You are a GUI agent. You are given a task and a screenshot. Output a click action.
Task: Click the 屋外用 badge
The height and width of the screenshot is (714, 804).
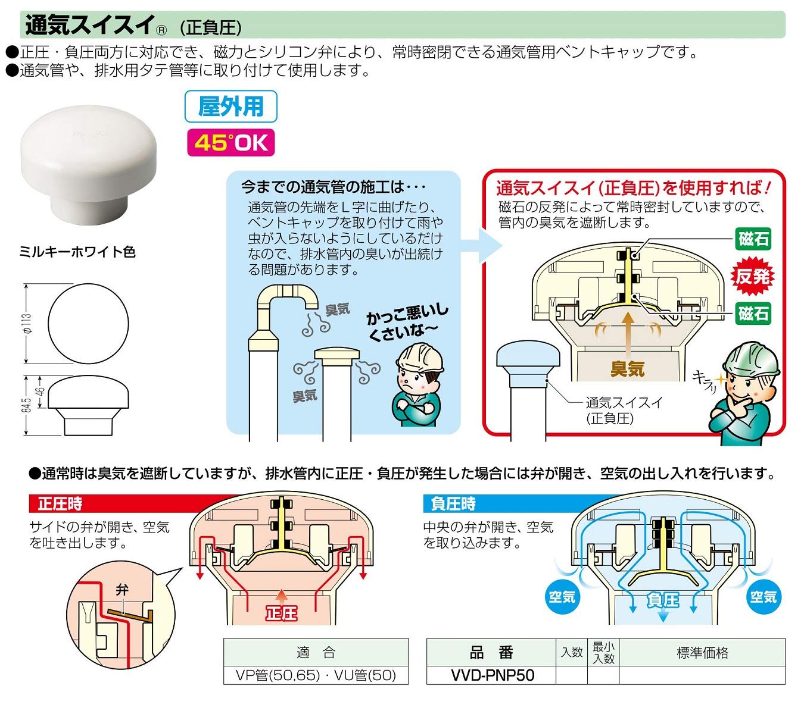230,107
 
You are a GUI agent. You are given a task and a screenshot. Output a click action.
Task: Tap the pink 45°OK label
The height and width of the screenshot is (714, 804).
231,143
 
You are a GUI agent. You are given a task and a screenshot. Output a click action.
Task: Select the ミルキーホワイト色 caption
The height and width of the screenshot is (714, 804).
77,252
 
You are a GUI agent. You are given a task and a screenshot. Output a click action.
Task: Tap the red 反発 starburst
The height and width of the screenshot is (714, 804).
753,276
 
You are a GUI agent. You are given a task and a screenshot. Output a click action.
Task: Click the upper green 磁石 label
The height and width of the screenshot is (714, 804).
753,239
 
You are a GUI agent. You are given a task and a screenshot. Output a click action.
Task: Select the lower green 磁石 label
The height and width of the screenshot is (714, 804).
753,313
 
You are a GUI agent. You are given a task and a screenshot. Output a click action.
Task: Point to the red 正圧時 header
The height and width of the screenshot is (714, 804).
60,504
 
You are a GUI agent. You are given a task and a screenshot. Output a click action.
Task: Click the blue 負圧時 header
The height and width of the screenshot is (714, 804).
453,504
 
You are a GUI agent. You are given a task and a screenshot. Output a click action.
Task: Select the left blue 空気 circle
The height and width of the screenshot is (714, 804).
562,597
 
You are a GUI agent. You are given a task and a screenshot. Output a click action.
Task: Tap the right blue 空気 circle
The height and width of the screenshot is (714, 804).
764,597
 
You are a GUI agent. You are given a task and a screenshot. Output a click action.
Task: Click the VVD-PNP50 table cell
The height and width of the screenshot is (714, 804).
492,675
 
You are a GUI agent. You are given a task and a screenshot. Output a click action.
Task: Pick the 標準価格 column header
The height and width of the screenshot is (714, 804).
702,653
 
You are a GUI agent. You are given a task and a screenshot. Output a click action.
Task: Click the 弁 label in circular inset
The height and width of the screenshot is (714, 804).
122,590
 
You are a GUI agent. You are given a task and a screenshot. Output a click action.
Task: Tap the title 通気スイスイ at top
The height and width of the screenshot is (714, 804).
90,25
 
